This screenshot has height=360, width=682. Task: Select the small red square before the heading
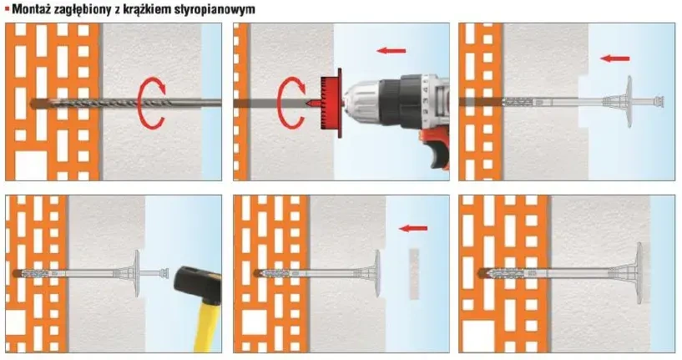pyautogui.click(x=7, y=8)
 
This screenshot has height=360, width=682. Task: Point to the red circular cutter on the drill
pyautogui.click(x=331, y=104)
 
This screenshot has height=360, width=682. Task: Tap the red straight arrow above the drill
pyautogui.click(x=391, y=51)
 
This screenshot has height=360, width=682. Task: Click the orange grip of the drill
pyautogui.click(x=434, y=151)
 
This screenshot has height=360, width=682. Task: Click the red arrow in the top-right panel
pyautogui.click(x=614, y=58)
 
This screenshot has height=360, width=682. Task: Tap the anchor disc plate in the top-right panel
pyautogui.click(x=629, y=102)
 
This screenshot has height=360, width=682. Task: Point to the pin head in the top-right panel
pyautogui.click(x=659, y=102)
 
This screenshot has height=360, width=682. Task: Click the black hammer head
pyautogui.click(x=198, y=286)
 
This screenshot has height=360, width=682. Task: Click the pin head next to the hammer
pyautogui.click(x=164, y=274)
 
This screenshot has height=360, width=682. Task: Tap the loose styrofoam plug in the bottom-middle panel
pyautogui.click(x=414, y=274)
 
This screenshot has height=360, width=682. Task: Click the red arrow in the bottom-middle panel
pyautogui.click(x=413, y=228)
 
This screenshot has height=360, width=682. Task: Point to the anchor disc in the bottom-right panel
pyautogui.click(x=639, y=273)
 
